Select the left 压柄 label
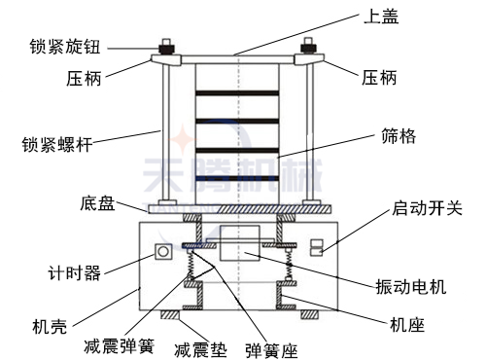tap(83, 78)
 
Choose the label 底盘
tap(99, 204)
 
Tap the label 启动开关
tap(425, 208)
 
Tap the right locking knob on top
tap(310, 46)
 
